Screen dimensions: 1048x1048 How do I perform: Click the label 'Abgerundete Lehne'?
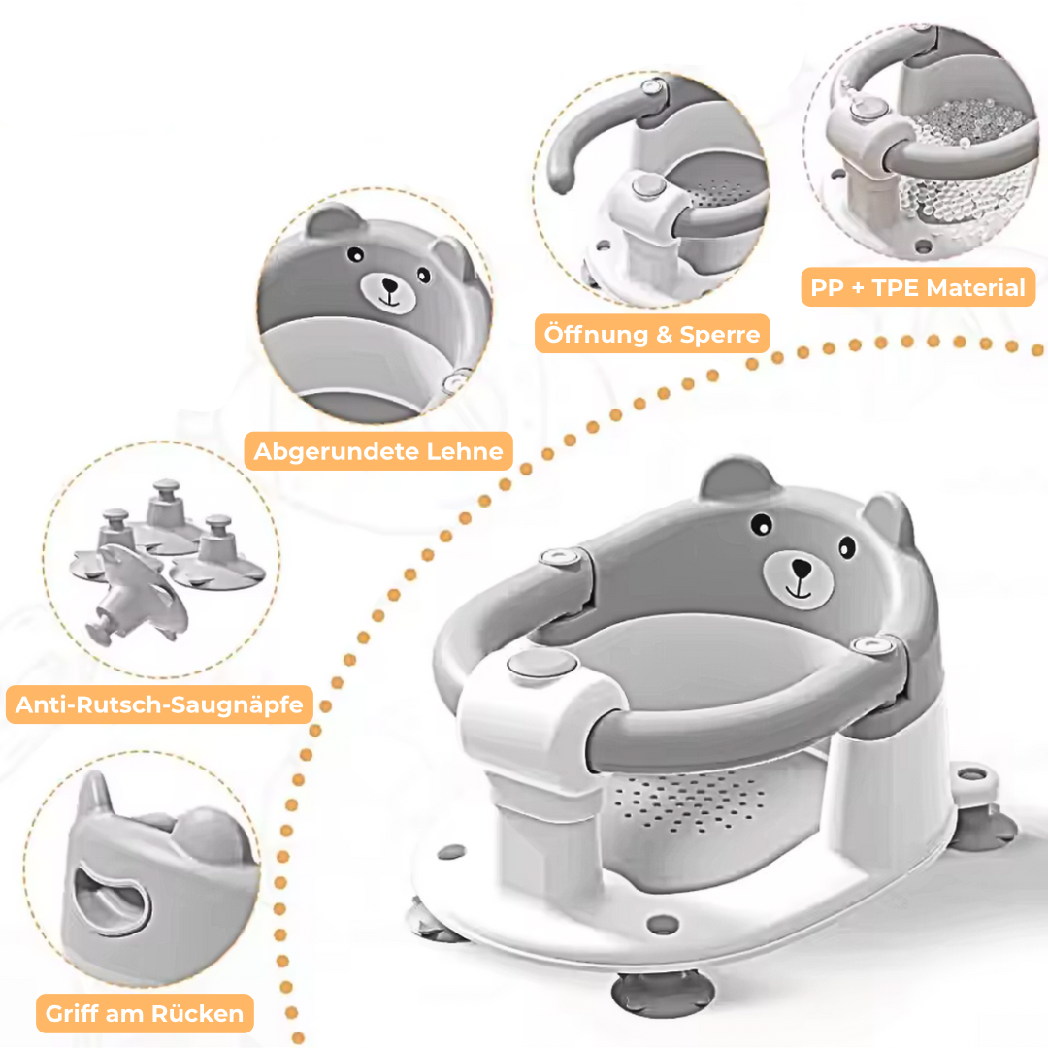[378, 451]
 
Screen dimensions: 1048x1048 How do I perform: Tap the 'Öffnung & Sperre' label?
[652, 334]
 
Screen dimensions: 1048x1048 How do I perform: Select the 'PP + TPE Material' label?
[918, 287]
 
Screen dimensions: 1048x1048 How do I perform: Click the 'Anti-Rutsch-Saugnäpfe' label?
[159, 704]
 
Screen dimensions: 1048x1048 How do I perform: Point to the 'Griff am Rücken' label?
[145, 1013]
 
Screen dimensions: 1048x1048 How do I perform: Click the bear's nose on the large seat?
[801, 569]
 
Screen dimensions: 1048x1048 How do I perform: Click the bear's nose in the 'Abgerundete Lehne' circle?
[388, 285]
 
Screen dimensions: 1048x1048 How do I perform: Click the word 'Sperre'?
[720, 334]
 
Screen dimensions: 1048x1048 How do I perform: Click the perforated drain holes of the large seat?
[688, 801]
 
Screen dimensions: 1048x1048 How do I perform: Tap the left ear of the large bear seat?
[737, 477]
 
